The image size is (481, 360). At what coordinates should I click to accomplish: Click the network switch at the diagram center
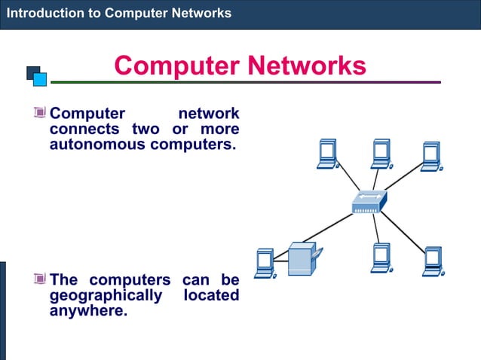coord(369,201)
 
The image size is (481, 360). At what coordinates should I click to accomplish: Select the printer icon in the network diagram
coord(304,258)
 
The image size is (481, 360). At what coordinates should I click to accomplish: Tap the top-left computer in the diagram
coord(328,154)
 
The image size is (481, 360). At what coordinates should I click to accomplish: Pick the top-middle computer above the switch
coord(381,153)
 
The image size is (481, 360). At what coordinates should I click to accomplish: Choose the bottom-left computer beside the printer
coord(265,261)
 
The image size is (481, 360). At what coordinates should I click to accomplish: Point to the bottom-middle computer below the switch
coord(381,258)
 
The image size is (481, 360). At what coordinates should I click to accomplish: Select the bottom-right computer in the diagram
coord(433,260)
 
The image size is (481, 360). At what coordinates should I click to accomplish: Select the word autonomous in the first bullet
coord(99,144)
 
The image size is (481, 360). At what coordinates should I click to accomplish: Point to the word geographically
coord(106,295)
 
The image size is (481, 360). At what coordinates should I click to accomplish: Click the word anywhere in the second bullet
coord(87,310)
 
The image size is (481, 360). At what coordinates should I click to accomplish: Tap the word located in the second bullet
coord(211,295)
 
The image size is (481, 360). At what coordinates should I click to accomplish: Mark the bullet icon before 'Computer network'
coord(40,114)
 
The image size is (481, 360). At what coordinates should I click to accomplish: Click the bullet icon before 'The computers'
coord(40,280)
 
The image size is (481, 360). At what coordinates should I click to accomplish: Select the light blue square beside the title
coord(41,78)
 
